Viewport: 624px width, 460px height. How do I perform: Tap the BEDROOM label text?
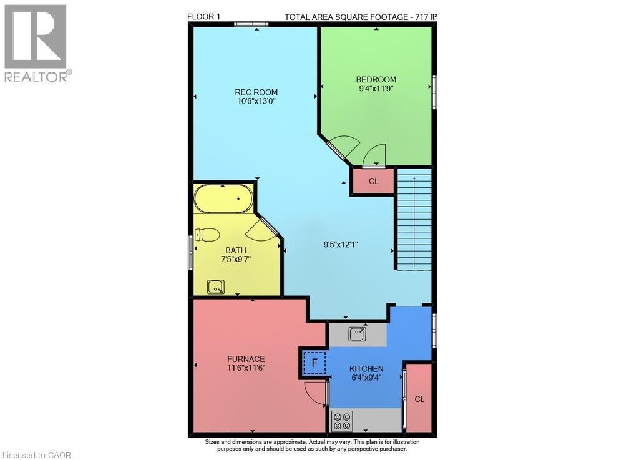[376, 79]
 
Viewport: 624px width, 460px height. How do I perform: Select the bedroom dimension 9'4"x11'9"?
[376, 89]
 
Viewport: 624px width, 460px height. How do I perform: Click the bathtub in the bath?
[223, 200]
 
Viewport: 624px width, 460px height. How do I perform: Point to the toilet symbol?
[207, 235]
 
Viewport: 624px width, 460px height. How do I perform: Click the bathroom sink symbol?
[216, 287]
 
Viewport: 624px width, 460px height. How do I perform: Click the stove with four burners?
[342, 421]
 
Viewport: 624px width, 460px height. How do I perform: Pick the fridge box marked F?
[314, 363]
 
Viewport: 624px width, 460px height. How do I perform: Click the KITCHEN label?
[366, 369]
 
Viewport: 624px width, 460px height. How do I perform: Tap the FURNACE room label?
[246, 359]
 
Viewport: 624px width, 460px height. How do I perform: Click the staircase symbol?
[414, 222]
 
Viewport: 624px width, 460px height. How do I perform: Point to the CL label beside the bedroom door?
[373, 182]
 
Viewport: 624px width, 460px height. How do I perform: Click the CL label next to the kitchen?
[419, 399]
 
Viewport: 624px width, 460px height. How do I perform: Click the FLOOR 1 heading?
[203, 16]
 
